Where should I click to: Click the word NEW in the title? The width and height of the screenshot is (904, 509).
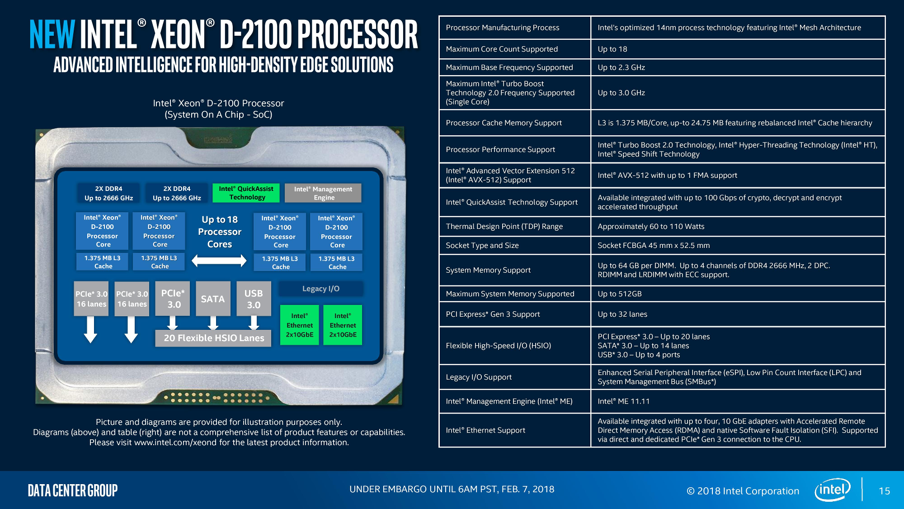[52, 34]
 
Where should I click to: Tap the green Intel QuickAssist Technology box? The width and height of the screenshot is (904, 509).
[246, 193]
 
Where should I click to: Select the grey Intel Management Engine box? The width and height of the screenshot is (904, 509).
[323, 193]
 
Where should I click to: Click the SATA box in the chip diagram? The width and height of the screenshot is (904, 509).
[213, 299]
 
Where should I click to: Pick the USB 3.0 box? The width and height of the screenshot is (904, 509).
[254, 299]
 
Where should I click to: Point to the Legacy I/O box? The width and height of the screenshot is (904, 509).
[321, 289]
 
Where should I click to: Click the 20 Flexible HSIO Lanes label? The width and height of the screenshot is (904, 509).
[213, 338]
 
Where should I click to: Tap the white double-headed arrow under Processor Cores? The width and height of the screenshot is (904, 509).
[219, 261]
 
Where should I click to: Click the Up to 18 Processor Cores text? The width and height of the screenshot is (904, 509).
[220, 232]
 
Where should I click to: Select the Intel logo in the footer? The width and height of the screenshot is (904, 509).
[833, 490]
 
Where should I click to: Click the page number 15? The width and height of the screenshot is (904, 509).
[884, 491]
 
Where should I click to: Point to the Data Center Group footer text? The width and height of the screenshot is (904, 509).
[73, 490]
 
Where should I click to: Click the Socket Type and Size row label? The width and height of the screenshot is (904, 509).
[482, 245]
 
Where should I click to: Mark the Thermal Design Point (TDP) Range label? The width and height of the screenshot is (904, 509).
[504, 226]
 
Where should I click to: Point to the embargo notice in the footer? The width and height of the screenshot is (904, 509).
[452, 489]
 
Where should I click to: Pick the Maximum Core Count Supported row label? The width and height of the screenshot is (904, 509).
[502, 49]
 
